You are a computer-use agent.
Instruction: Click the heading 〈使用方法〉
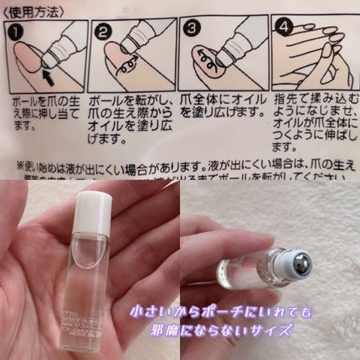tap(33, 10)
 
